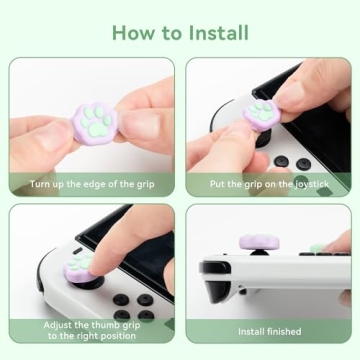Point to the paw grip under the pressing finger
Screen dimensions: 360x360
click(82, 265)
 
